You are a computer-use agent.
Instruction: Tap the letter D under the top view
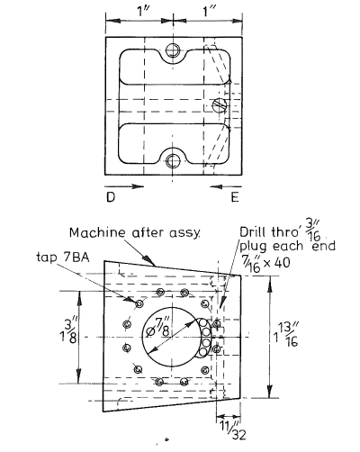pos(108,195)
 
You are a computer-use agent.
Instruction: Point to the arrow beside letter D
pos(129,188)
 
